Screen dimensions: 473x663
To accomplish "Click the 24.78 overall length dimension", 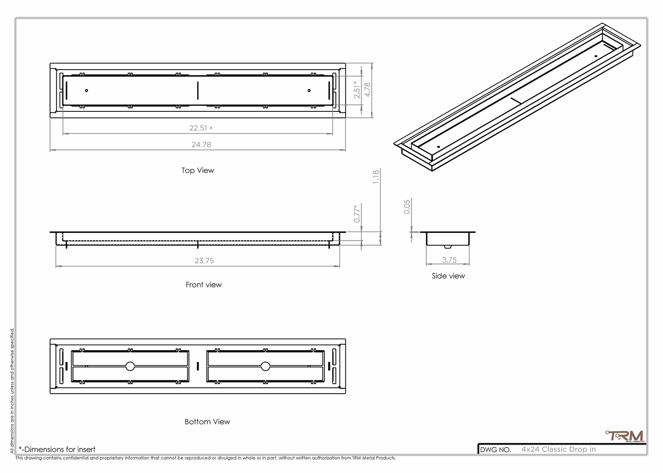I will click(201, 144).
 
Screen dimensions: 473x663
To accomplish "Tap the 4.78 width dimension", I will click(367, 89).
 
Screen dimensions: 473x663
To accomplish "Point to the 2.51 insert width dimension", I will click(357, 89).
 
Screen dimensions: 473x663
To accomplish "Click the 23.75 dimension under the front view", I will click(204, 261).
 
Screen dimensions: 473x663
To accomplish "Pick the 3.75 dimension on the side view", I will click(449, 260).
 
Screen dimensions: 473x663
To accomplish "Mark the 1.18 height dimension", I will click(376, 177).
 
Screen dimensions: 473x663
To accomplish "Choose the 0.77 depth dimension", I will click(357, 214).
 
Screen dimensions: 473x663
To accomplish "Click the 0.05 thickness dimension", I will click(407, 207).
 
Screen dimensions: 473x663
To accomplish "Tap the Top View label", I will click(198, 170).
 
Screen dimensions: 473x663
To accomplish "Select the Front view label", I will click(204, 285).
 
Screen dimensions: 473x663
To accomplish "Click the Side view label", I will click(448, 276).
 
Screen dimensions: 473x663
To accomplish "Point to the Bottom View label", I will click(207, 422).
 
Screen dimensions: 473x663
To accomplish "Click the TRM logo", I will click(625, 436).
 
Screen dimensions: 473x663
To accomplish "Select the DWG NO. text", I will click(496, 450).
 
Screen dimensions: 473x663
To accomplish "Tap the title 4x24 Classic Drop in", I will click(558, 449).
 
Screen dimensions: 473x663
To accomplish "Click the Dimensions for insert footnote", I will click(57, 450).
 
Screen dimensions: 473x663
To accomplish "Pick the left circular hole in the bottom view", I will click(130, 366).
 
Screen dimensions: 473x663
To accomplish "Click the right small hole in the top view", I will click(309, 91).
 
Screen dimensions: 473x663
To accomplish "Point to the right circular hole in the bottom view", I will click(265, 366).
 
